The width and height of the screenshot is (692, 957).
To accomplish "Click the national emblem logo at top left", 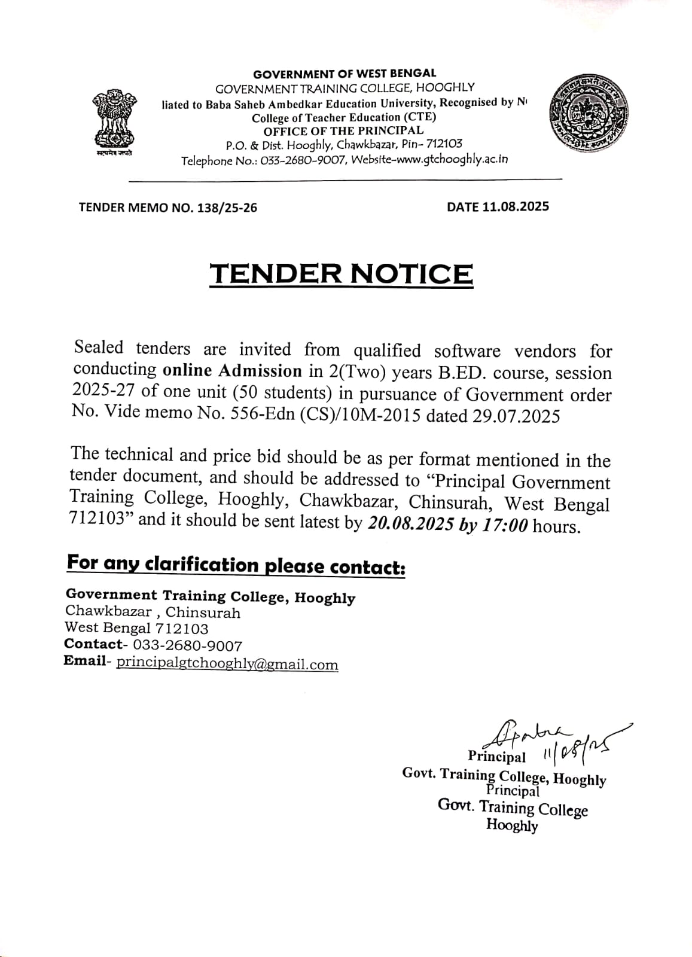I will (x=114, y=121).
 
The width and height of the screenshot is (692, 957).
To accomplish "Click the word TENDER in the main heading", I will (x=275, y=273).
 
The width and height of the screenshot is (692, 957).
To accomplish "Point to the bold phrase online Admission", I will (x=232, y=371).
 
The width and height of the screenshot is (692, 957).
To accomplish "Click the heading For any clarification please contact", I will (x=236, y=565).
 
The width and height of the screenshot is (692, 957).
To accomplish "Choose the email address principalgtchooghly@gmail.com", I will (x=227, y=664).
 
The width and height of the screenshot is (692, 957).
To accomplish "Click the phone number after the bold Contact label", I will (x=188, y=646).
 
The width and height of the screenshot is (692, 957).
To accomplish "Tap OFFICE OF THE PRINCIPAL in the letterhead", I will (x=344, y=130).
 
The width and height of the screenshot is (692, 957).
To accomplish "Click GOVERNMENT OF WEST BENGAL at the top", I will (x=345, y=74).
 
